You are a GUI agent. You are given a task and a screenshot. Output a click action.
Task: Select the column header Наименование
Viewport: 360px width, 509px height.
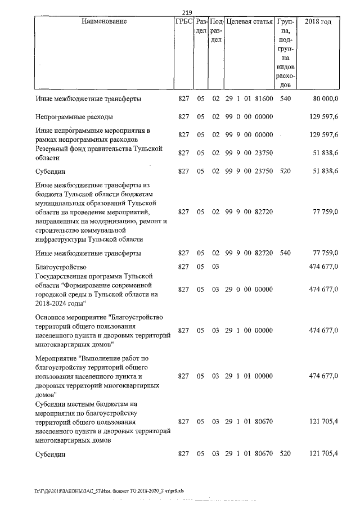pos(103,22)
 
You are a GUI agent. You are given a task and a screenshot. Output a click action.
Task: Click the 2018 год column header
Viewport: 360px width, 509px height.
pos(317,22)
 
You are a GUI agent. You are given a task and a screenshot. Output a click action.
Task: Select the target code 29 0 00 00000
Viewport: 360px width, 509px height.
pos(249,290)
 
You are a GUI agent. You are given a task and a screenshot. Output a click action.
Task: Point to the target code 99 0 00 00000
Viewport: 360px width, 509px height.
pos(249,117)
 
